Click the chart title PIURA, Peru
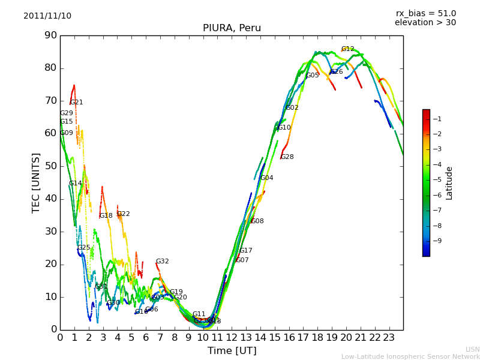point(232,28)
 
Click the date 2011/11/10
point(47,16)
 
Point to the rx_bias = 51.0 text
point(425,13)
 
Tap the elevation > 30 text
point(425,23)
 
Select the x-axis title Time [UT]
point(232,351)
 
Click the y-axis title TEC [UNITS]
point(36,182)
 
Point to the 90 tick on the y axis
point(50,35)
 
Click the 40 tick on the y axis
point(50,199)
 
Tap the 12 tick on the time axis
point(232,337)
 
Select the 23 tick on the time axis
point(389,337)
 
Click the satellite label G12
point(347,49)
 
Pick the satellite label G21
point(76,103)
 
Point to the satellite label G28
point(287,157)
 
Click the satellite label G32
point(162,262)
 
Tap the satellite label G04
point(266,178)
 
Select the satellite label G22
point(123,214)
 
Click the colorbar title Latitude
point(449,183)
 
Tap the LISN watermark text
point(472,349)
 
